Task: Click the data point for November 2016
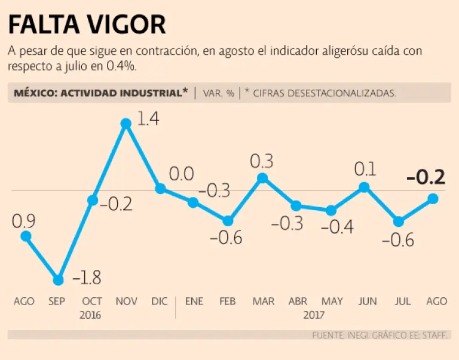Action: click(126, 124)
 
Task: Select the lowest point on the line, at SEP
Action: click(58, 280)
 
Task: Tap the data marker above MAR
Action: click(262, 178)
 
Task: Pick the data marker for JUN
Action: click(364, 187)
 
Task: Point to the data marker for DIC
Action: click(160, 189)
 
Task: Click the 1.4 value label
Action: click(148, 118)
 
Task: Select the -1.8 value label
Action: click(87, 278)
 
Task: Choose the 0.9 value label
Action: click(24, 221)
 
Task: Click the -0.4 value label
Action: click(338, 227)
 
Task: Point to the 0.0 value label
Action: click(182, 174)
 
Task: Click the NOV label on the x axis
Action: click(126, 301)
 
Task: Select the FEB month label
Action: click(228, 301)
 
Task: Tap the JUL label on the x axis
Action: click(402, 301)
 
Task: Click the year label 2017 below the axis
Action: click(314, 315)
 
